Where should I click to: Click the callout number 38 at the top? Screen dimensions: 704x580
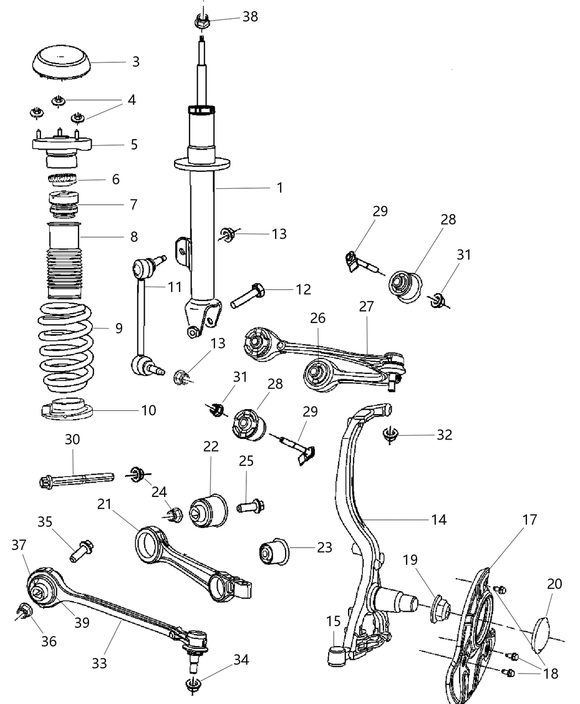point(250,17)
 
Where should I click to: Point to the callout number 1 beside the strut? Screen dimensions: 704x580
point(280,188)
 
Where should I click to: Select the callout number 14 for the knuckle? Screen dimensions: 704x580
point(439,519)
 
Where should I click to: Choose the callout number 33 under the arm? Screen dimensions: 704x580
point(99,663)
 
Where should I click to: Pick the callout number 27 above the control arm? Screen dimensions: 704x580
point(366,306)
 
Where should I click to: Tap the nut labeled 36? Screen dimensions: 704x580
point(24,612)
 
